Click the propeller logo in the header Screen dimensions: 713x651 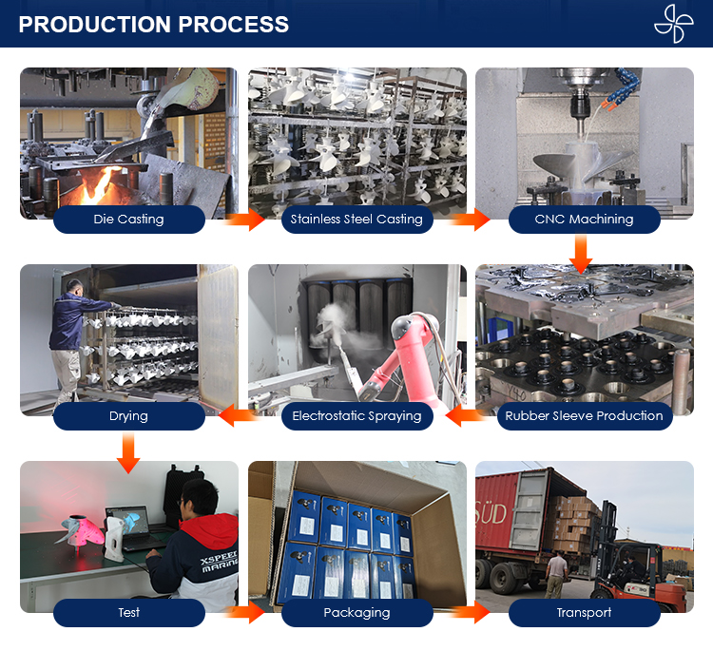pos(674,24)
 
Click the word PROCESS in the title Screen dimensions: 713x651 pos(234,24)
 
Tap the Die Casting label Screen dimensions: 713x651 pos(128,220)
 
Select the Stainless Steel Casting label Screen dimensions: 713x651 pos(356,220)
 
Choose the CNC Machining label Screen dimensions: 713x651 pos(585,220)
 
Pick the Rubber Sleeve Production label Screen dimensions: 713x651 pos(585,416)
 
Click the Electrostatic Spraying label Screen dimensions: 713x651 pos(356,416)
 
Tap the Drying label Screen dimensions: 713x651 pos(128,416)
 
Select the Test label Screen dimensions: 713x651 pos(128,613)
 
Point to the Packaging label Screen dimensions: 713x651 pos(356,613)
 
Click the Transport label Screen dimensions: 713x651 pos(585,613)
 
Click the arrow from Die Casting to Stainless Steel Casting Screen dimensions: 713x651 pos(244,220)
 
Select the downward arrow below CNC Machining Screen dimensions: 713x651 pos(581,254)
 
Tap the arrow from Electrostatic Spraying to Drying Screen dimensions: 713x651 pos(239,416)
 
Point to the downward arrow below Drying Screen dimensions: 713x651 pos(128,452)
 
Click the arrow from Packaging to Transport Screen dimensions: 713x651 pos(471,612)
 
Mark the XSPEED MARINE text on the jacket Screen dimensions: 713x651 pos(220,563)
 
